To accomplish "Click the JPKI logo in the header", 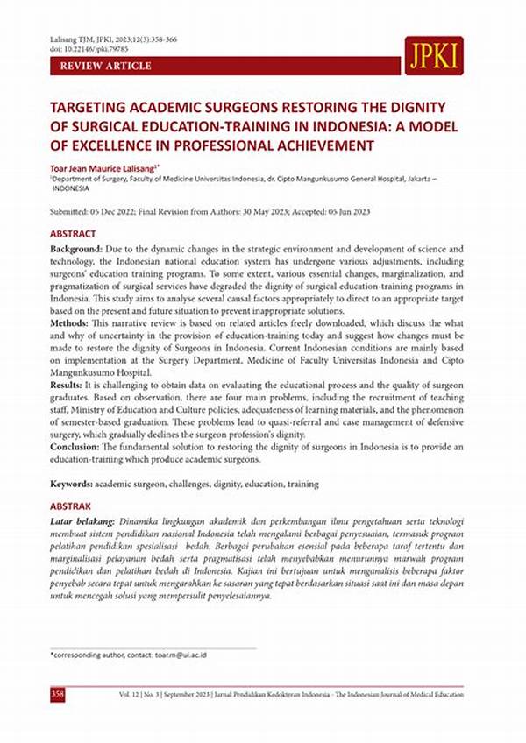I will click(434, 55).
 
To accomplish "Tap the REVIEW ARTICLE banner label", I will click(105, 66).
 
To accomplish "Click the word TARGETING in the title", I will click(89, 106).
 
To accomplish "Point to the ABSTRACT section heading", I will click(74, 235).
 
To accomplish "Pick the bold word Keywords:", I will click(70, 484).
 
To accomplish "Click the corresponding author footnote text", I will click(128, 655).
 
